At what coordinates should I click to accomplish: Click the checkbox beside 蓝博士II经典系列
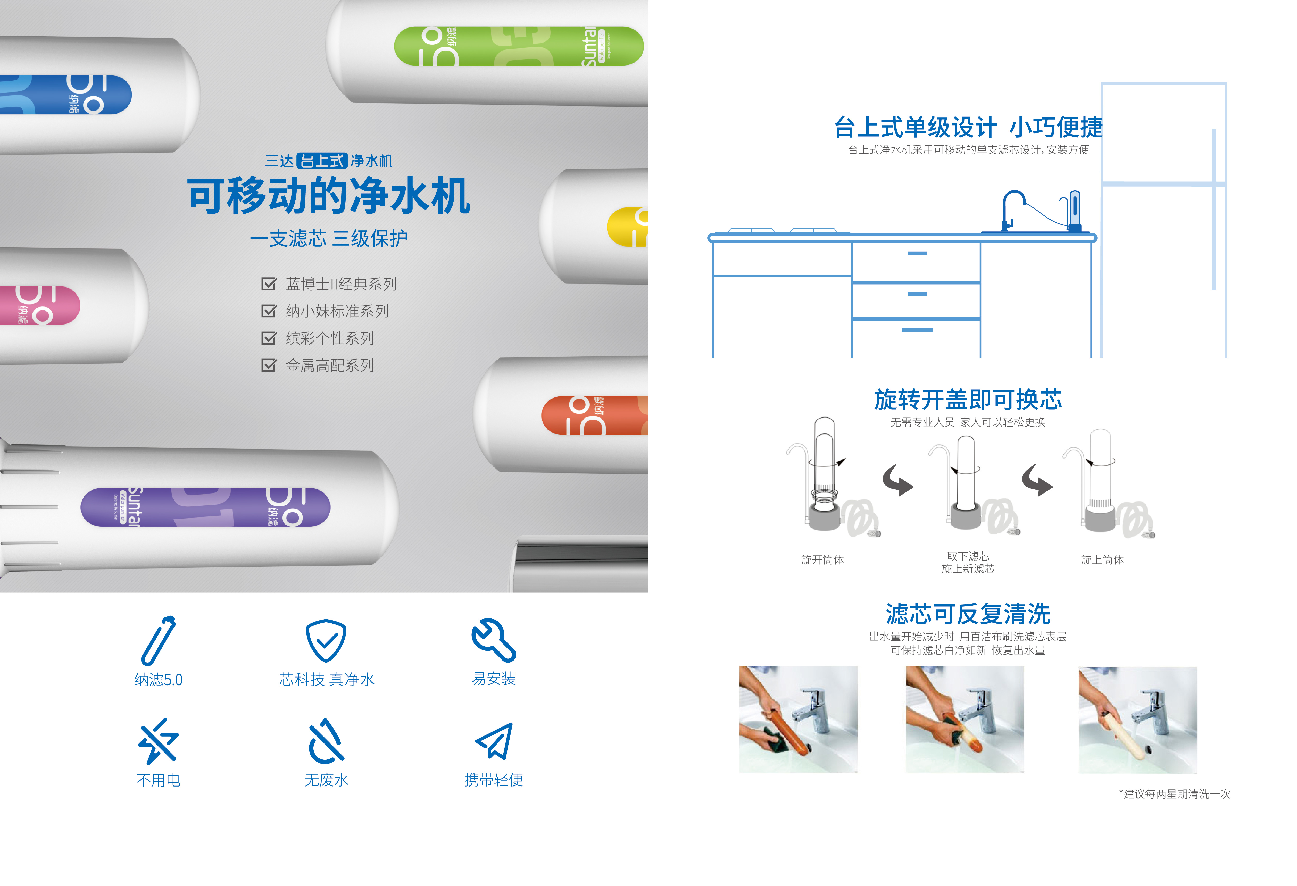pos(268,284)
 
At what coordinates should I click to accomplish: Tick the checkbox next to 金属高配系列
pos(268,365)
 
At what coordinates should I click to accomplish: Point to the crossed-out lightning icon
pos(159,741)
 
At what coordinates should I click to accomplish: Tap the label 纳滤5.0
pos(159,680)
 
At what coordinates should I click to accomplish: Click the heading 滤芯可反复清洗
pos(968,614)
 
